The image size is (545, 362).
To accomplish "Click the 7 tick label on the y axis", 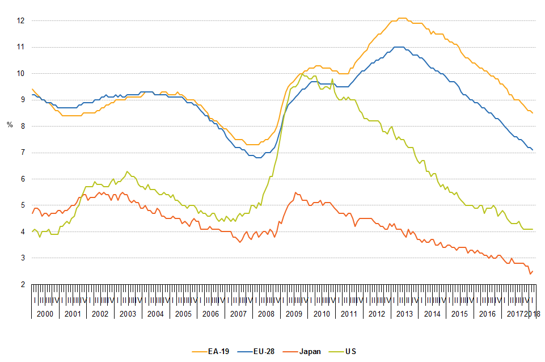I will [22, 153].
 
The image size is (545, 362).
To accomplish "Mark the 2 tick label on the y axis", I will [22, 284].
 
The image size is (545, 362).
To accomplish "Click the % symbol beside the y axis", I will [10, 124].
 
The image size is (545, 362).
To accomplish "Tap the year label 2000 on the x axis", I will [45, 314].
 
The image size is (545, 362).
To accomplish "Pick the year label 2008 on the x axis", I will [267, 314].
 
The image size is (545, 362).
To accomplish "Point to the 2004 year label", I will [155, 314].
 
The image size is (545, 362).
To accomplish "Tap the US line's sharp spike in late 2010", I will [332, 79].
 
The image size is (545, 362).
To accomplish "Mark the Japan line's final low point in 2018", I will [530, 274].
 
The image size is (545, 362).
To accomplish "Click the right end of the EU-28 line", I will [533, 150].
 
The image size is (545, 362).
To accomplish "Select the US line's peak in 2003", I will [127, 171].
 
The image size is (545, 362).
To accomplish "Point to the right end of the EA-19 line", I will [533, 113].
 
